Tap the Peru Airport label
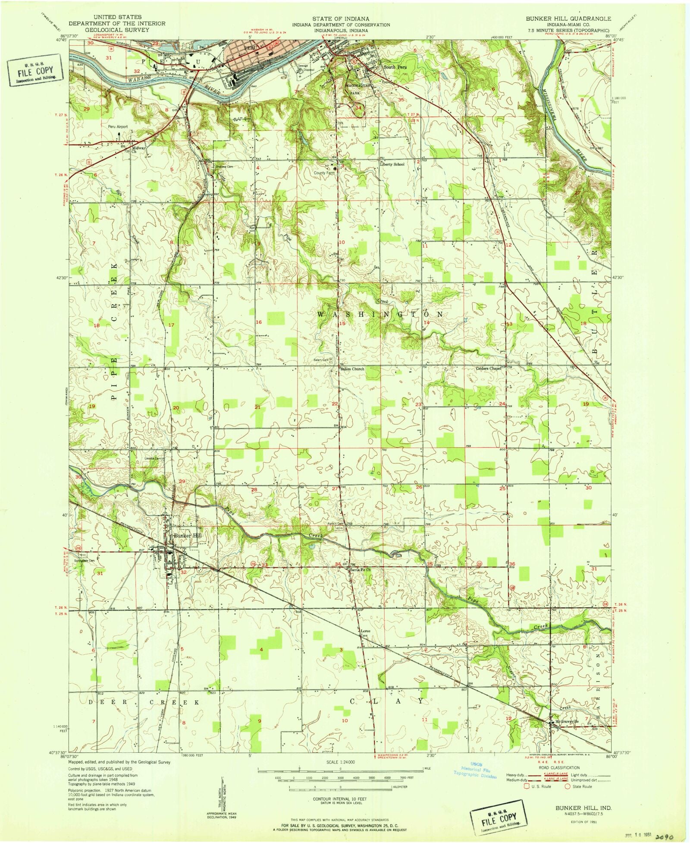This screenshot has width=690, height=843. tap(118, 126)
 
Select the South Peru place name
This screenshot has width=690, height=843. tap(395, 67)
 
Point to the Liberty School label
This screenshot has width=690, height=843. tap(392, 164)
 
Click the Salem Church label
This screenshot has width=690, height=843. tap(352, 369)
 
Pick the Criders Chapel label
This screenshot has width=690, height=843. tap(488, 369)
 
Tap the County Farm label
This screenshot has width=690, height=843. tap(324, 173)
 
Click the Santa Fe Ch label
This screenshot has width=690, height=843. tap(361, 570)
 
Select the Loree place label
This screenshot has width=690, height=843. tap(366, 631)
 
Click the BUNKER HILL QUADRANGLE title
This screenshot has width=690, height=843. tap(568, 19)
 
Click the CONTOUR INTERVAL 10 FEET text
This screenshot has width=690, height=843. tap(341, 799)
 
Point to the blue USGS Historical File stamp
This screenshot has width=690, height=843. tap(475, 770)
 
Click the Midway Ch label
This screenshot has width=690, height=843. tap(139, 149)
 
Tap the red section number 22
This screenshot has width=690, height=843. tap(335, 404)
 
